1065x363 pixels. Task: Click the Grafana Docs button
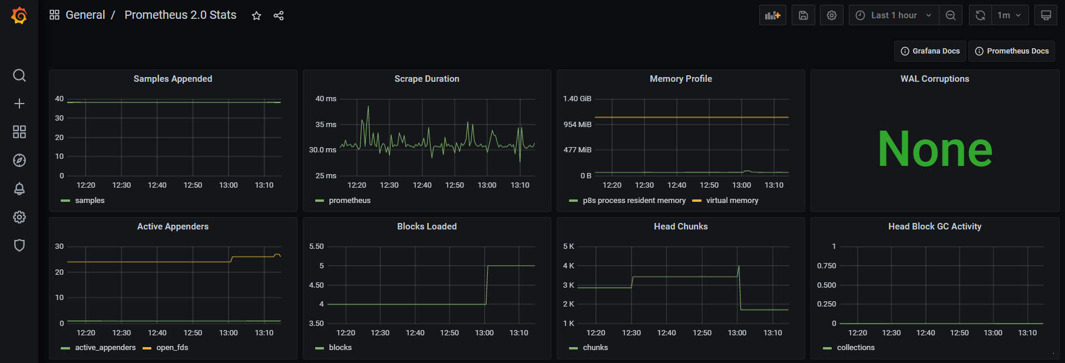(930, 51)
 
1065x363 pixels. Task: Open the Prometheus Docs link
(1011, 51)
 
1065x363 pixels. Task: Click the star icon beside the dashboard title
(256, 16)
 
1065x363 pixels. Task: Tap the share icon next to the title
(279, 16)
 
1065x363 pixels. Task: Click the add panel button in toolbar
(772, 15)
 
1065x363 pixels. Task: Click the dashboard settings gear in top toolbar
(831, 15)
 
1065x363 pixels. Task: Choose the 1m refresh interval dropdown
(1008, 15)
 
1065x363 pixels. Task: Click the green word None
(934, 149)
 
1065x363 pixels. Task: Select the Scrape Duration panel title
(426, 79)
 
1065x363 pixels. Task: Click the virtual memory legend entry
(732, 201)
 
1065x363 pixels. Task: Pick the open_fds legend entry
(172, 348)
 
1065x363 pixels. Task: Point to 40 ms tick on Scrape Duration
(326, 99)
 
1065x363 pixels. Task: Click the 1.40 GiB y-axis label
(577, 99)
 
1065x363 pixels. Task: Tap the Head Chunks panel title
(680, 227)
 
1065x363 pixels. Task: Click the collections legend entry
(855, 348)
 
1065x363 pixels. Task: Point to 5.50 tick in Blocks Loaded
(316, 247)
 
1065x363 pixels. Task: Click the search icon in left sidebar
(19, 75)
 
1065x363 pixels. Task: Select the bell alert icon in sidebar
(19, 189)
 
